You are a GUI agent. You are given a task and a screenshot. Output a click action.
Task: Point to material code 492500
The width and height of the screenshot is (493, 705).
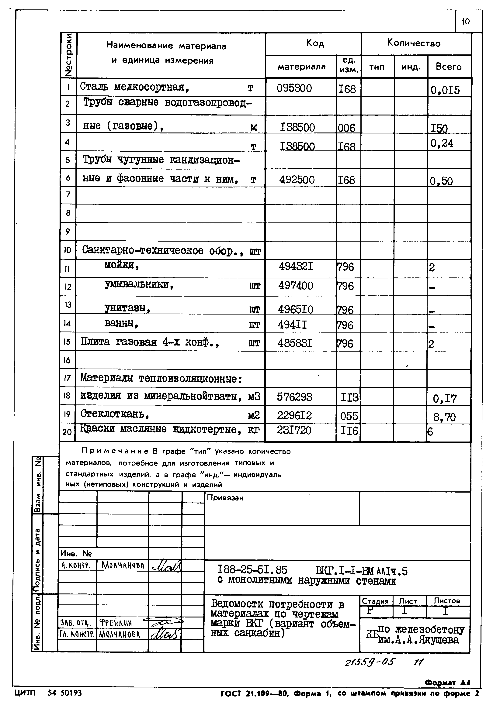pos(297,180)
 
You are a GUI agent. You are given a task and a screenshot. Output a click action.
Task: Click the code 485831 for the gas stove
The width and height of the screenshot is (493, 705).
pos(295,343)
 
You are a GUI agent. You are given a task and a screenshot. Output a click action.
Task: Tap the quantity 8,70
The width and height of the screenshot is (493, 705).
pos(444,417)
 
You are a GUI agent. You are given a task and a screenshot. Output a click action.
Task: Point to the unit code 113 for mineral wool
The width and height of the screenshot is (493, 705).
pos(349,398)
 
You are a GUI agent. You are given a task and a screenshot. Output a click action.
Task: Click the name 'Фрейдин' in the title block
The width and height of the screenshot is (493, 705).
pos(116,623)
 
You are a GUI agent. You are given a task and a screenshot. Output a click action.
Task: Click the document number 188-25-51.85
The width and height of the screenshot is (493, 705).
pos(252,570)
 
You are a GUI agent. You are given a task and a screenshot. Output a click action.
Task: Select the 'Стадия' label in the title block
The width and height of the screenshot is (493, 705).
pos(375,601)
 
